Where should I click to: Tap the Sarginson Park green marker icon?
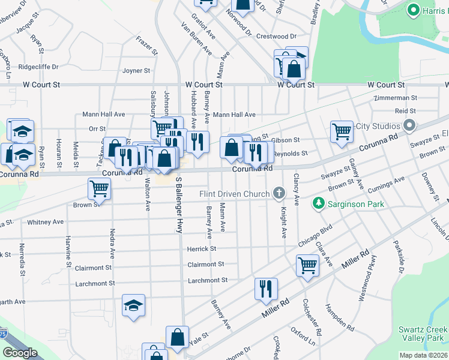318,204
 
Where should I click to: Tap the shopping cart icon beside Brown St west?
99,188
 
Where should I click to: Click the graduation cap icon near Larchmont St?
133,305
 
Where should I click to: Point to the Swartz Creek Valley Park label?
423,334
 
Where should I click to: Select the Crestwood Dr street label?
276,36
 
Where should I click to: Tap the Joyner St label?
136,71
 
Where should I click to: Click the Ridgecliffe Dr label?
38,67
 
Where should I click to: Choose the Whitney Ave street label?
45,222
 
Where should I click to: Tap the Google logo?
19,353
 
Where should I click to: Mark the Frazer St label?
146,45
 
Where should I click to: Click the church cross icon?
278,193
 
